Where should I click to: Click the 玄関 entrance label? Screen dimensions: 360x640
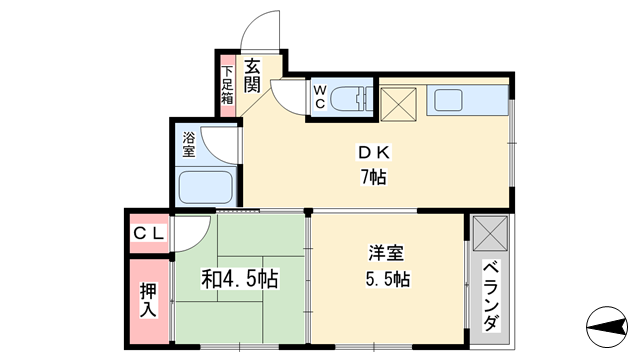(x=252, y=78)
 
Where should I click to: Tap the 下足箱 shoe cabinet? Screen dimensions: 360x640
(x=227, y=84)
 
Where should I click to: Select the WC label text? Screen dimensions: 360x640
(x=319, y=97)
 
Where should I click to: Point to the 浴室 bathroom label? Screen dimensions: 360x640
(x=188, y=145)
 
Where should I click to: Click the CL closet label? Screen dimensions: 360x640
(x=148, y=234)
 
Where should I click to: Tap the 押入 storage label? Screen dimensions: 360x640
(x=148, y=298)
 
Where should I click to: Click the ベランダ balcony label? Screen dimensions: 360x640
(x=491, y=297)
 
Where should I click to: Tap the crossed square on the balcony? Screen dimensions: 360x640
(x=491, y=235)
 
